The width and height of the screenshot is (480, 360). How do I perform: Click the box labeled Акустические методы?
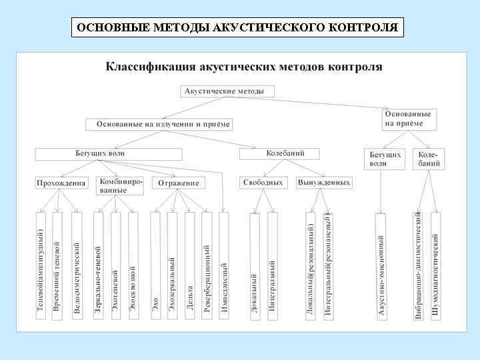227,91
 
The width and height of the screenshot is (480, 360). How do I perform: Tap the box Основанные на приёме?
408,119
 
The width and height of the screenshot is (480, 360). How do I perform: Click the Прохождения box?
61,183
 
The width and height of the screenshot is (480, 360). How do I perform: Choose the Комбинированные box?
121,185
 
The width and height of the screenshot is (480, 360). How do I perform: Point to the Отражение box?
179,183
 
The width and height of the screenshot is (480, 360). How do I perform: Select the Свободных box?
263,182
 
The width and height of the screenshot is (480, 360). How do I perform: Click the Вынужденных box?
324,182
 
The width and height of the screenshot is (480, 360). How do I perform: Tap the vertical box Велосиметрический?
77,266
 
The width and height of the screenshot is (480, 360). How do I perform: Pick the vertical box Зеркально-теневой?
98,266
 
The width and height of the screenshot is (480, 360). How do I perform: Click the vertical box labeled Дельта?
190,266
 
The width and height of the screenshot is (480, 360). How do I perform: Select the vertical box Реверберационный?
207,266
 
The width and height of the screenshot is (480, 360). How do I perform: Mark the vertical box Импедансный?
224,266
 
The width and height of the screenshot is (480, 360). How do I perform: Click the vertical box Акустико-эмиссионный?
381,266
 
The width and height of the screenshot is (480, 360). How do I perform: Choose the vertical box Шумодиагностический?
435,266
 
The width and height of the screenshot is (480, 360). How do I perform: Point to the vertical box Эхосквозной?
133,266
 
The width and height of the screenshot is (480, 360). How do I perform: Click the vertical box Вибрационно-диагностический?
418,266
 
